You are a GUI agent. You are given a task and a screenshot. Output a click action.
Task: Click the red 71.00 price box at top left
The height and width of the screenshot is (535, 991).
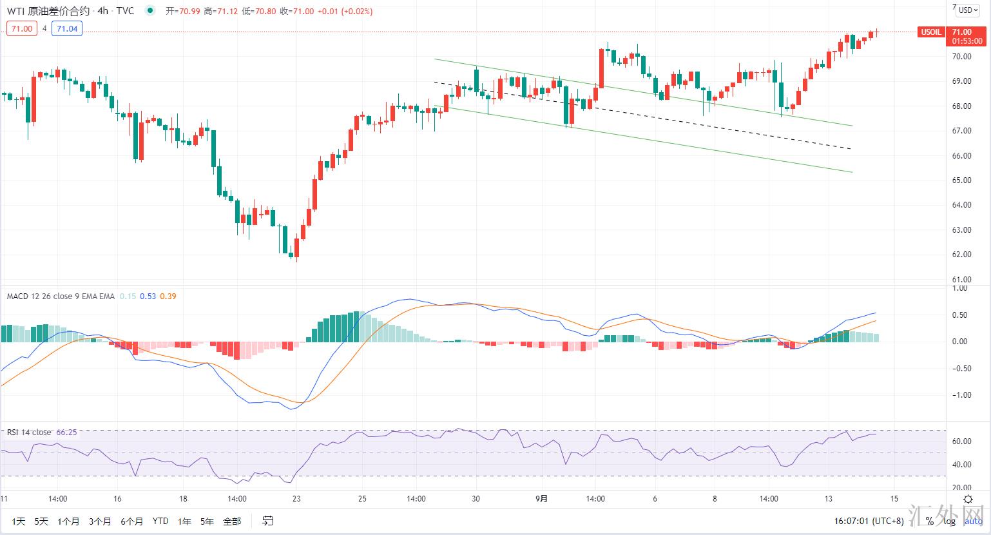click(22, 28)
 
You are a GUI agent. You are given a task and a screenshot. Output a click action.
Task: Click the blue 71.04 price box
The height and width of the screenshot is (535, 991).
click(67, 28)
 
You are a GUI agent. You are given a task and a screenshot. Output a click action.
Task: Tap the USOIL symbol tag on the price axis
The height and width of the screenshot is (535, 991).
click(930, 32)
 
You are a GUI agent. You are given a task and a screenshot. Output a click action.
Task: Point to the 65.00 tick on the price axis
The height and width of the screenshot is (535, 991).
click(961, 180)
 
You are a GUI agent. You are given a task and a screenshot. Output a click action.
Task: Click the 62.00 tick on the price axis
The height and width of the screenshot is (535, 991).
click(961, 255)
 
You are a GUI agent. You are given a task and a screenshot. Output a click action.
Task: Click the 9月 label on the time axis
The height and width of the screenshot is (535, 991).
click(542, 498)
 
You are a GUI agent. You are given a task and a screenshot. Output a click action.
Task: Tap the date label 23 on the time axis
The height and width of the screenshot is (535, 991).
click(296, 498)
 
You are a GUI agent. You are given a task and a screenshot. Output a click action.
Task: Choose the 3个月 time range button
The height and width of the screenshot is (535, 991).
click(100, 521)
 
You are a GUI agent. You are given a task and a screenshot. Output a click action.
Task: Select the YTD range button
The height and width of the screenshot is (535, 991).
click(160, 521)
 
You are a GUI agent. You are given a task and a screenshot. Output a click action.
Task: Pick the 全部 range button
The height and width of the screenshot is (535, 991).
click(232, 521)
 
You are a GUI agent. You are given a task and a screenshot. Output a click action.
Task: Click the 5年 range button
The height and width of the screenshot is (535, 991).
click(207, 521)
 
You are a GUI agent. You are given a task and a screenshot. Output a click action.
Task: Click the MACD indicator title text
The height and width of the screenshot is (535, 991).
click(61, 297)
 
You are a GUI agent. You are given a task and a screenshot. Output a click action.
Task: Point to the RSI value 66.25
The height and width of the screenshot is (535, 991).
click(66, 433)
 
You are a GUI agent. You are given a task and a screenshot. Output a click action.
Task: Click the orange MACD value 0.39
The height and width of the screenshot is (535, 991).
click(168, 297)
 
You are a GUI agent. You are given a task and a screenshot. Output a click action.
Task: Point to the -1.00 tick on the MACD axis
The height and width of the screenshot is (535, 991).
click(959, 395)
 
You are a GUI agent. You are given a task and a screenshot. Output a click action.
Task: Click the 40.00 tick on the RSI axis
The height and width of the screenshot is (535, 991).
click(961, 465)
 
